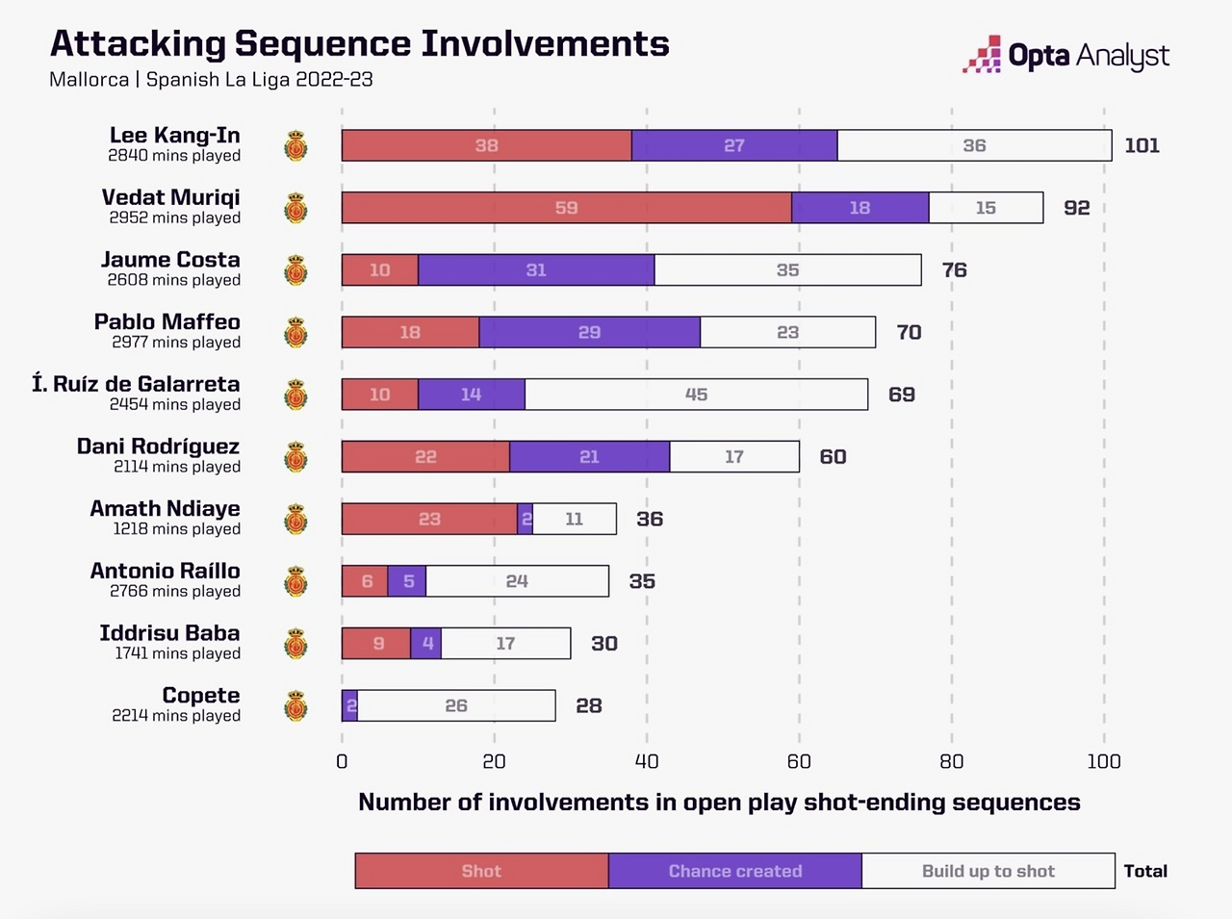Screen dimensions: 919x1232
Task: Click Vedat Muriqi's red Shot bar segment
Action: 566,208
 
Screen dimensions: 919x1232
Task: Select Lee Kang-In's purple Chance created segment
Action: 733,145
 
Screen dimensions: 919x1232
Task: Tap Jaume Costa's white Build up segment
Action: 787,270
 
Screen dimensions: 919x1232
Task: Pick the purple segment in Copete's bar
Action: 349,706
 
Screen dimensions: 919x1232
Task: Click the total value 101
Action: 1142,145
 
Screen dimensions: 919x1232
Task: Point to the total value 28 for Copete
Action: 588,706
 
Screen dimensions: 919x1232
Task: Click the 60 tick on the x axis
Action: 799,761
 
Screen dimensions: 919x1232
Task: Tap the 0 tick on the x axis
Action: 342,761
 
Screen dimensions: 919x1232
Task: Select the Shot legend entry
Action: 481,871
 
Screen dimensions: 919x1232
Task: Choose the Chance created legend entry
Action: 734,871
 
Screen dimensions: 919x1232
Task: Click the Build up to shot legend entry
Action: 988,871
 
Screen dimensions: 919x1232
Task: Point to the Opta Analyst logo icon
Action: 982,55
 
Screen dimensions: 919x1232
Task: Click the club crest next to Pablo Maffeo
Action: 295,333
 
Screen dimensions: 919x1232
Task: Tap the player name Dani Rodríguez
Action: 158,447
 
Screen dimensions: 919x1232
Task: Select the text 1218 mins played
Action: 176,529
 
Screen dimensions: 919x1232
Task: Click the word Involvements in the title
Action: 545,43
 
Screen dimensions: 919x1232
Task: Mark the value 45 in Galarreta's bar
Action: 696,395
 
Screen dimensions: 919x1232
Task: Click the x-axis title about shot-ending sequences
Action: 719,803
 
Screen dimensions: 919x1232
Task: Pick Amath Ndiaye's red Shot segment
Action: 429,520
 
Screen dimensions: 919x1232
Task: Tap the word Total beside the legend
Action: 1145,871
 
